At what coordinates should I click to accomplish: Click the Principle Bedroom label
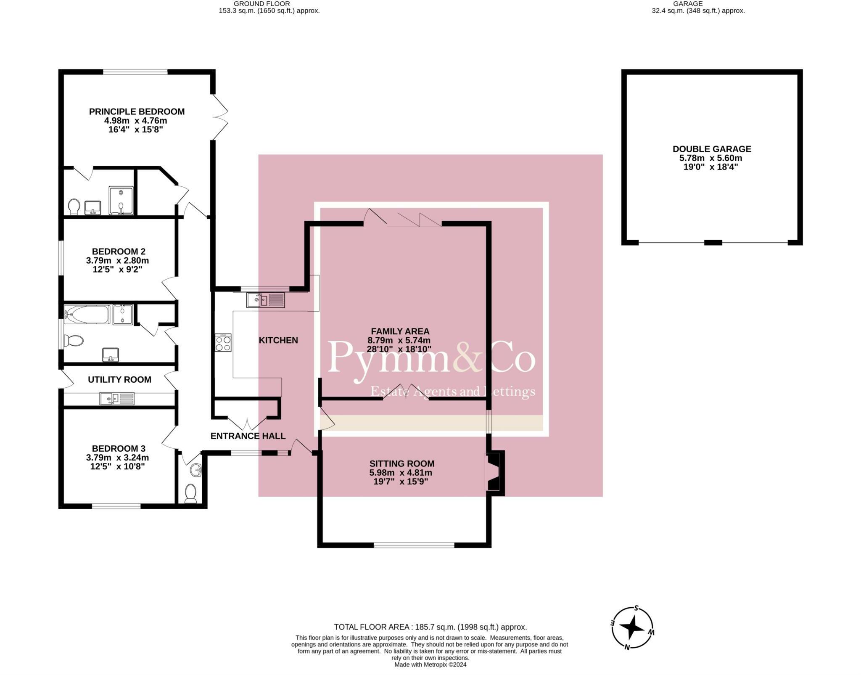pyautogui.click(x=137, y=111)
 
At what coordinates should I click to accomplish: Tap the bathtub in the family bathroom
pyautogui.click(x=87, y=314)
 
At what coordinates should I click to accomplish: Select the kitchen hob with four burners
pyautogui.click(x=223, y=342)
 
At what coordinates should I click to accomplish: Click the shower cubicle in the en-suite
pyautogui.click(x=121, y=200)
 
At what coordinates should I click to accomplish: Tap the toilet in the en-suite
pyautogui.click(x=74, y=206)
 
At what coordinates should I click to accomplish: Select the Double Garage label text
pyautogui.click(x=711, y=149)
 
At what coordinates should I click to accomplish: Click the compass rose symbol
pyautogui.click(x=632, y=628)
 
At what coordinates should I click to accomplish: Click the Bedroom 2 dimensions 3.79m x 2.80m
pyautogui.click(x=118, y=260)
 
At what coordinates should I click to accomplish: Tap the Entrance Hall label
pyautogui.click(x=248, y=436)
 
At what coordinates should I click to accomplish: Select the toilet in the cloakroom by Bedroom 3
pyautogui.click(x=191, y=493)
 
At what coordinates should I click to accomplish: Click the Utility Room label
pyautogui.click(x=119, y=379)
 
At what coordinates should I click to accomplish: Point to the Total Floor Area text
pyautogui.click(x=430, y=627)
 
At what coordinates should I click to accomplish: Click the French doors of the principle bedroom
pyautogui.click(x=219, y=117)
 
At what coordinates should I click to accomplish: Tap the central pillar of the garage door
pyautogui.click(x=713, y=242)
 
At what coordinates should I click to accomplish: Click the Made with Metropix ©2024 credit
pyautogui.click(x=430, y=664)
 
